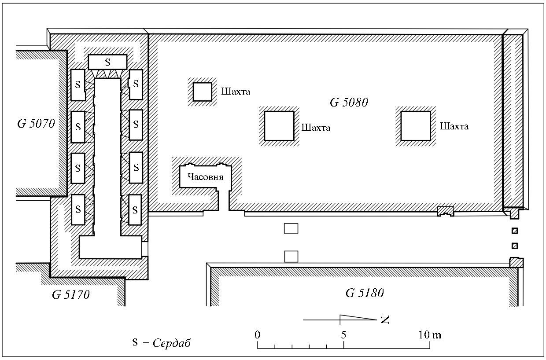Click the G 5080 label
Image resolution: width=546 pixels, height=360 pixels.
point(349,103)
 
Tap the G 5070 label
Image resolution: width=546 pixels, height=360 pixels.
point(36,124)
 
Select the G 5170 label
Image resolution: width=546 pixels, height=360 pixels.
point(71,295)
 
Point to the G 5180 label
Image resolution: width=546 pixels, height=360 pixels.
point(365,293)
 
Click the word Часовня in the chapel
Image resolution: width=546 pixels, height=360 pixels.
point(205,177)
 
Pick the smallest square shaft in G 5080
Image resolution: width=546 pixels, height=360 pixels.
point(202,92)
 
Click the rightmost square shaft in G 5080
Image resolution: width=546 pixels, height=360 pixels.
point(416,126)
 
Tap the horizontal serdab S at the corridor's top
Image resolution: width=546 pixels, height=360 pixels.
point(107,62)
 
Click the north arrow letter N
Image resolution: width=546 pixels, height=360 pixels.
point(385,320)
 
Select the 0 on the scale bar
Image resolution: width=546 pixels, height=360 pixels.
point(258,335)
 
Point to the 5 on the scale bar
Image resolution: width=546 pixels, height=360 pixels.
point(343,335)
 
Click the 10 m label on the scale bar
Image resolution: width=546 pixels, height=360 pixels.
point(430,335)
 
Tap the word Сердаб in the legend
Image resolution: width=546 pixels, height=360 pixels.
point(172,343)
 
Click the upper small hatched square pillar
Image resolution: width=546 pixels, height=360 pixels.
point(515,231)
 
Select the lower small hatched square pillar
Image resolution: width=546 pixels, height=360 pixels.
point(515,246)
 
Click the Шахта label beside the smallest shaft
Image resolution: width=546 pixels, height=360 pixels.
point(236,92)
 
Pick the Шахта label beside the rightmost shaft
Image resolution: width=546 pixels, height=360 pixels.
point(454,126)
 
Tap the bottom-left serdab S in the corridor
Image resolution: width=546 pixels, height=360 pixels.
point(78,209)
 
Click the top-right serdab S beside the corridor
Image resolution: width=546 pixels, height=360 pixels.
point(136,84)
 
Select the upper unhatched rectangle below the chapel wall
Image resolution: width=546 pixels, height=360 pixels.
point(291,228)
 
